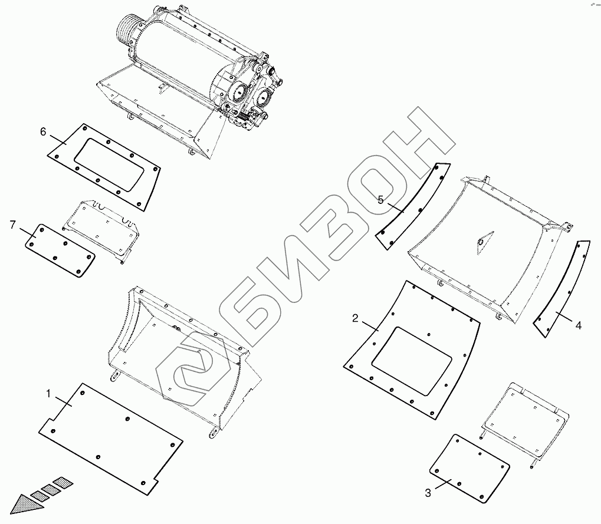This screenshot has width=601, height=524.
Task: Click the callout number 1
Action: point(48,394)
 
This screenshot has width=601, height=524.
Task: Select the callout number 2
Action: point(355,318)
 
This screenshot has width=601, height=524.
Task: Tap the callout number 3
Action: point(428,493)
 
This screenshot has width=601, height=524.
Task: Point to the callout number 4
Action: point(579,325)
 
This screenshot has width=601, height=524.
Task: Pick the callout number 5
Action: point(380,200)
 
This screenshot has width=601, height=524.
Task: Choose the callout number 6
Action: point(43,132)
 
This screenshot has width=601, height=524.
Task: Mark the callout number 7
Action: point(12,225)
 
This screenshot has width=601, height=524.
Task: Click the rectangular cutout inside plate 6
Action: point(109,164)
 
